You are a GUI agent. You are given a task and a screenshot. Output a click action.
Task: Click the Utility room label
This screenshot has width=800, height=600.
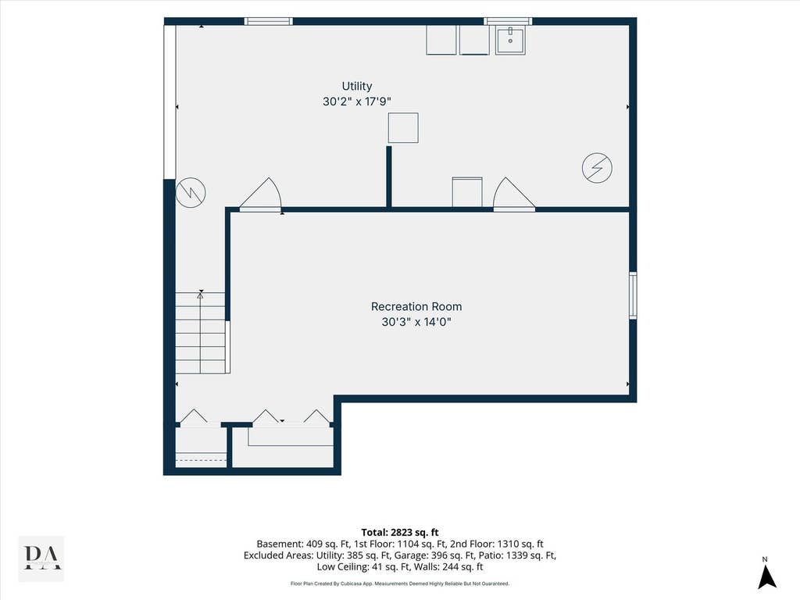pyautogui.click(x=356, y=86)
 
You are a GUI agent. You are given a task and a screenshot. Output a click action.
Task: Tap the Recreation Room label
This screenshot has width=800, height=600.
pyautogui.click(x=416, y=306)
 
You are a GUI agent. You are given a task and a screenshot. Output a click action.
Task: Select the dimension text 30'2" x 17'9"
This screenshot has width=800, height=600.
pyautogui.click(x=356, y=102)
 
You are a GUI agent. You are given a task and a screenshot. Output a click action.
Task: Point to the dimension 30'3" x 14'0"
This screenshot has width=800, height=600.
pyautogui.click(x=416, y=322)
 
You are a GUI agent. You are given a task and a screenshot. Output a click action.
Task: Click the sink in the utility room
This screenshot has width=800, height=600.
pyautogui.click(x=510, y=39)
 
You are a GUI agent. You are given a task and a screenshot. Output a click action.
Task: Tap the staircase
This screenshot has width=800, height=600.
pyautogui.click(x=201, y=333)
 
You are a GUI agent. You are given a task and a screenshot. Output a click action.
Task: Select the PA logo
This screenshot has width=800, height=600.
pyautogui.click(x=41, y=558)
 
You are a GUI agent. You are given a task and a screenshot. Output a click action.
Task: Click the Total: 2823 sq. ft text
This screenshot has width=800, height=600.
pyautogui.click(x=400, y=533)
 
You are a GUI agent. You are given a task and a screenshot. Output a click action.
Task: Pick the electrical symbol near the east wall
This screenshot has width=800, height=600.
pyautogui.click(x=598, y=167)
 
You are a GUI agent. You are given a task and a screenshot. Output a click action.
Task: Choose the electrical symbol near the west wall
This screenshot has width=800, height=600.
pyautogui.click(x=191, y=192)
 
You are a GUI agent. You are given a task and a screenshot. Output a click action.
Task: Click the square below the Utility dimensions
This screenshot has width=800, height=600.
pyautogui.click(x=403, y=127)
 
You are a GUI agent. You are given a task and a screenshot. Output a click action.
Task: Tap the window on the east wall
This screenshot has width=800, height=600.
pyautogui.click(x=633, y=295)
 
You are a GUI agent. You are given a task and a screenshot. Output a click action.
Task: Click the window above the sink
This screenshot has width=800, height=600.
pyautogui.click(x=508, y=21)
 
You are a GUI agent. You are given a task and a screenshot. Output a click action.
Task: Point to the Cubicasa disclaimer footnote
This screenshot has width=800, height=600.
pyautogui.click(x=400, y=584)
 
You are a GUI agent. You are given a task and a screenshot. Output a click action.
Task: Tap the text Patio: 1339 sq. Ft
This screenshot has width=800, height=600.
pyautogui.click(x=520, y=555)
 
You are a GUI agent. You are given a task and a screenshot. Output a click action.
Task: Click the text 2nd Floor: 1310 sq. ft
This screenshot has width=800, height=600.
pyautogui.click(x=497, y=544)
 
